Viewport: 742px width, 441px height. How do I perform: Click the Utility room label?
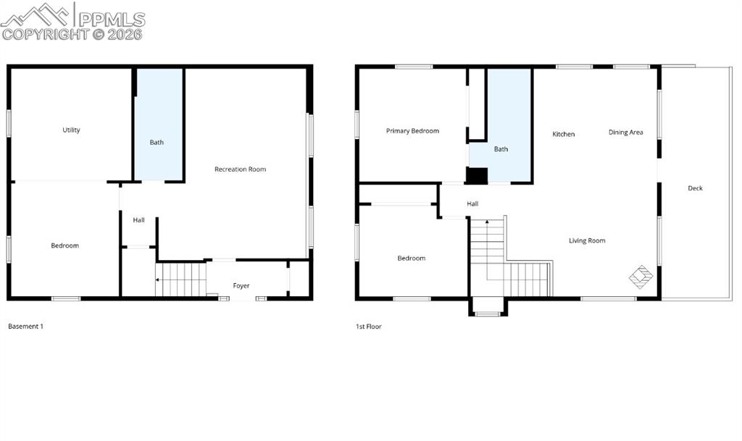pyautogui.click(x=71, y=130)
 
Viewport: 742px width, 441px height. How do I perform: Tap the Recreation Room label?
pyautogui.click(x=240, y=169)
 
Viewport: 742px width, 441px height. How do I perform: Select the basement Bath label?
pyautogui.click(x=157, y=143)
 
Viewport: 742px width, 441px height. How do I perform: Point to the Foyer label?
pyautogui.click(x=241, y=286)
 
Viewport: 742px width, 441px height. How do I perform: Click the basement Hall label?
pyautogui.click(x=138, y=220)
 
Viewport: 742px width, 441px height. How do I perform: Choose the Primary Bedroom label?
pyautogui.click(x=412, y=131)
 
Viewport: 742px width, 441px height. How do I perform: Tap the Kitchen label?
pyautogui.click(x=563, y=134)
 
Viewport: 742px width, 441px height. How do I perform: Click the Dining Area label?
pyautogui.click(x=625, y=133)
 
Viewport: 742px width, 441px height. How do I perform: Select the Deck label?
pyautogui.click(x=695, y=188)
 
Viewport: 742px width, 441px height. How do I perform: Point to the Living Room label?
pyautogui.click(x=586, y=240)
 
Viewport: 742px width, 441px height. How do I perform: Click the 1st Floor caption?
pyautogui.click(x=368, y=327)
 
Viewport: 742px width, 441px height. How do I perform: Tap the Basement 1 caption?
pyautogui.click(x=25, y=327)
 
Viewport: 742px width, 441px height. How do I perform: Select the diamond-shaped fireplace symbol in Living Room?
pyautogui.click(x=641, y=275)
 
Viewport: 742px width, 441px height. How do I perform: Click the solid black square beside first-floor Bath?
pyautogui.click(x=476, y=176)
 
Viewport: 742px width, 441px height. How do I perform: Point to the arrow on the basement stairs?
pyautogui.click(x=159, y=279)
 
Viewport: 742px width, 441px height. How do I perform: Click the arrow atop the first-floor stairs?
pyautogui.click(x=487, y=220)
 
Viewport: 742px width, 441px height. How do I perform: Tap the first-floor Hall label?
pyautogui.click(x=472, y=204)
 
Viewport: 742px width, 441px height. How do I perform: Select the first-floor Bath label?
pyautogui.click(x=501, y=149)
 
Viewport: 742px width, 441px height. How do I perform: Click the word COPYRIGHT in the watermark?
pyautogui.click(x=44, y=34)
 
